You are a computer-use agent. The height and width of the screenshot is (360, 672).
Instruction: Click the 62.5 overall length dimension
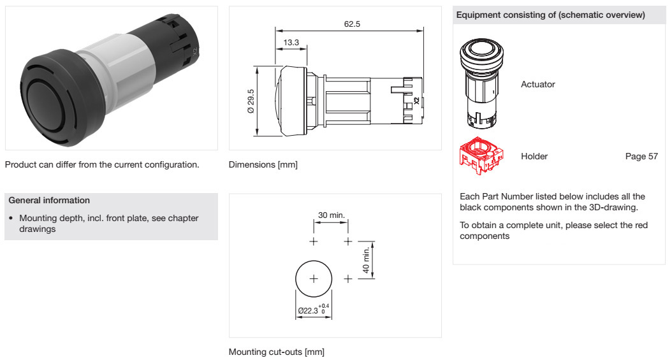click(x=352, y=24)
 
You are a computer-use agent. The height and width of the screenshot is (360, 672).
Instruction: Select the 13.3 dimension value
click(x=291, y=43)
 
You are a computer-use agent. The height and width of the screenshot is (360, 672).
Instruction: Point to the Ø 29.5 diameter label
click(x=251, y=101)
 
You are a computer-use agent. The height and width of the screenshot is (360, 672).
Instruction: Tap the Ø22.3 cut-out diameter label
click(x=313, y=310)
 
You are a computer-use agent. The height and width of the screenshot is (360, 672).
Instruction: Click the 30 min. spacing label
click(x=332, y=215)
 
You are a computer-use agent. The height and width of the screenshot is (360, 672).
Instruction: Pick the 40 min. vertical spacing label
click(x=366, y=260)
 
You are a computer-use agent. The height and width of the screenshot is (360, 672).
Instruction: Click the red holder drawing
click(x=481, y=156)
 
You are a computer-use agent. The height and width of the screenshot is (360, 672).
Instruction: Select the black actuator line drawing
click(x=481, y=83)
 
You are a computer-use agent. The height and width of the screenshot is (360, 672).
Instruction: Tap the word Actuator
click(x=538, y=84)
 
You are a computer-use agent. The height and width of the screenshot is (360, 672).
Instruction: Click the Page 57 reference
click(x=641, y=156)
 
